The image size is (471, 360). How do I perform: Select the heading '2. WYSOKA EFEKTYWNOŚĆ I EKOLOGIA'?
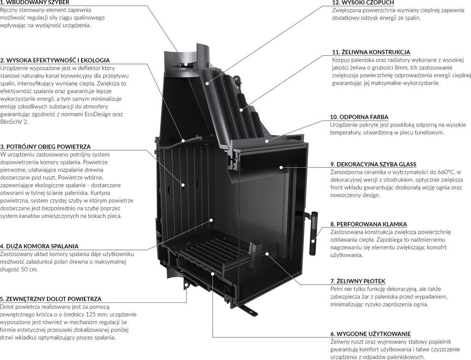click(55, 60)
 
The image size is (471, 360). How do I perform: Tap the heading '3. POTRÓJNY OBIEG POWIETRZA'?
click(46, 146)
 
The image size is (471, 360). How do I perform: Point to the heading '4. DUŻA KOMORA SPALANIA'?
click(39, 246)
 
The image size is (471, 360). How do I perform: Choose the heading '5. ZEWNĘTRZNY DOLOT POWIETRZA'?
click(51, 299)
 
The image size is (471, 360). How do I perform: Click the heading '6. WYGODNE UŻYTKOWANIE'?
click(370, 333)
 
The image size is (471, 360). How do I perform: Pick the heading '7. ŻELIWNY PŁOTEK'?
click(357, 281)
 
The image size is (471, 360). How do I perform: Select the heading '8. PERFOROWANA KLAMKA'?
click(368, 224)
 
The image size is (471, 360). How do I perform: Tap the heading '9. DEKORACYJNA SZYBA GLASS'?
click(373, 164)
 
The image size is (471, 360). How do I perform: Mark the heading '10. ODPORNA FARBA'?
click(359, 117)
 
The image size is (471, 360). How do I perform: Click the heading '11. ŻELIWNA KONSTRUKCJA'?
click(371, 52)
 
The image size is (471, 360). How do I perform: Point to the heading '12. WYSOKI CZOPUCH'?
click(363, 2)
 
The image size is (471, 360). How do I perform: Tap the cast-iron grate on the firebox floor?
click(216, 255)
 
